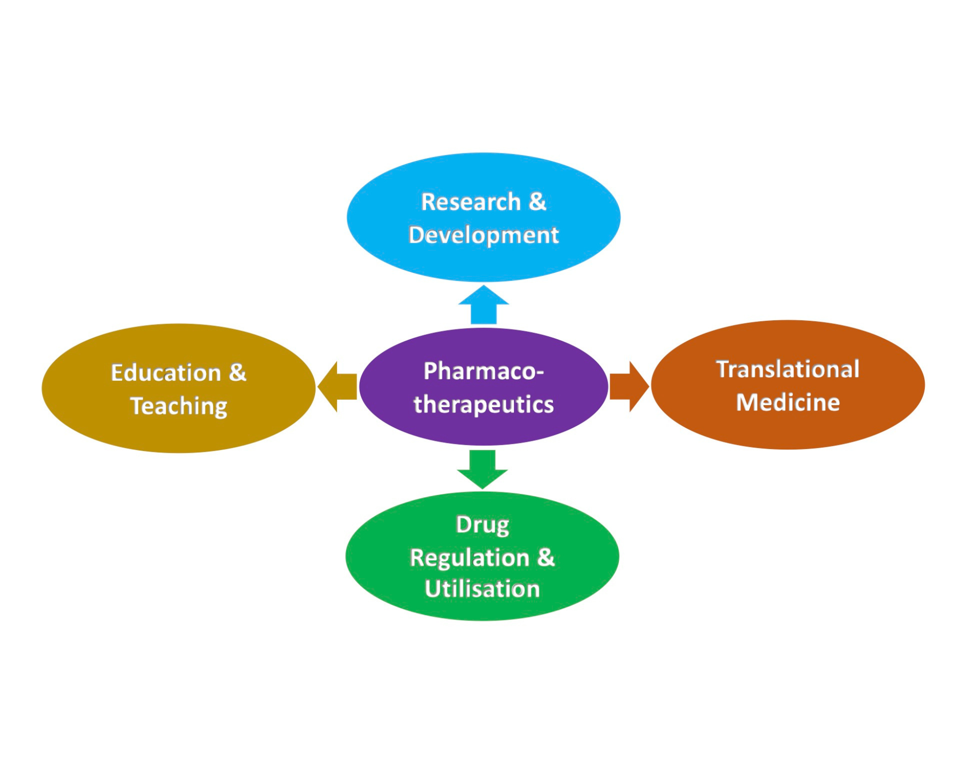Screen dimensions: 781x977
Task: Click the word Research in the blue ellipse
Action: click(x=471, y=202)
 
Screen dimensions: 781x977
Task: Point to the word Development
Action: click(x=483, y=235)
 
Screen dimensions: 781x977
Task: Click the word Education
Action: click(x=166, y=373)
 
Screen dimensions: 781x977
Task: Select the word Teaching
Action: click(x=179, y=406)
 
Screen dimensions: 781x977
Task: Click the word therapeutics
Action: click(x=483, y=405)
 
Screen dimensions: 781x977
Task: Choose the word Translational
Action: click(x=787, y=370)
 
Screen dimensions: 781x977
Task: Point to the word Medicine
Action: click(x=787, y=403)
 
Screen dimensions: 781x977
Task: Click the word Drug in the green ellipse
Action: click(x=482, y=525)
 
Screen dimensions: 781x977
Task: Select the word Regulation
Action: click(x=469, y=558)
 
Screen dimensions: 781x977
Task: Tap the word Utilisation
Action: click(x=482, y=589)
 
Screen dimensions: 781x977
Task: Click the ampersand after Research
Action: click(x=537, y=202)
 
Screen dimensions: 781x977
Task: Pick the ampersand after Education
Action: click(x=237, y=372)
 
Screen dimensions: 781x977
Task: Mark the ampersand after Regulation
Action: click(x=546, y=557)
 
